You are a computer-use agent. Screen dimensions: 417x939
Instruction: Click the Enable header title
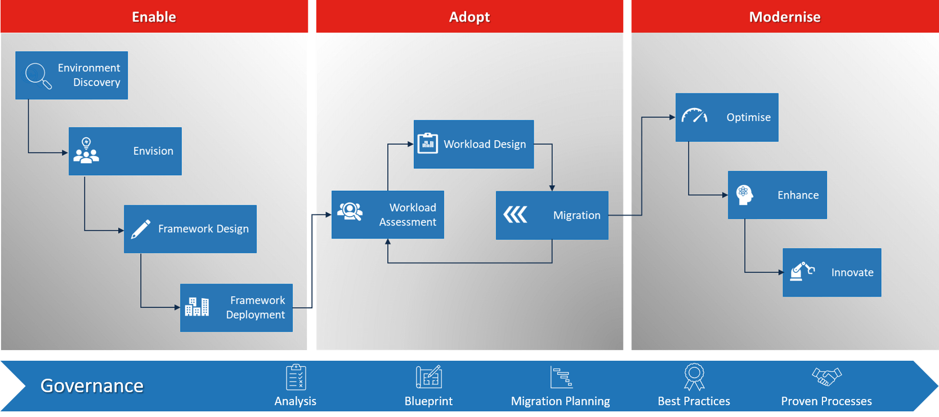[x=154, y=17]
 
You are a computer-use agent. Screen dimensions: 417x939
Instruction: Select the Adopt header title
[x=469, y=17]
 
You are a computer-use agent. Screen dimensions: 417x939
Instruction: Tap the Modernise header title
[x=784, y=17]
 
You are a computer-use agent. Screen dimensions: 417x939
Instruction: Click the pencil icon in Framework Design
[x=140, y=229]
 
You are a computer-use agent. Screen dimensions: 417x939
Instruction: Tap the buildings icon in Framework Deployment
[x=197, y=307]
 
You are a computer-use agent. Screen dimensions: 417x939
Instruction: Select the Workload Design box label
[x=485, y=144]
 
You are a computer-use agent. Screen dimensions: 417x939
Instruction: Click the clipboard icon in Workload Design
[x=428, y=144]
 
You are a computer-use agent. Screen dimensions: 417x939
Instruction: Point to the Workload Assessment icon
[x=350, y=212]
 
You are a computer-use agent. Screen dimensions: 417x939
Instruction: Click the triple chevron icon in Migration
[x=515, y=214]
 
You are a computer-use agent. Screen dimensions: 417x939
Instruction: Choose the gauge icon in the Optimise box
[x=694, y=115]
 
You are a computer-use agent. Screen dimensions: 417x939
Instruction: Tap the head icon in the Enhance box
[x=744, y=195]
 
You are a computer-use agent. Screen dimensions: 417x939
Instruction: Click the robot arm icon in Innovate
[x=802, y=271]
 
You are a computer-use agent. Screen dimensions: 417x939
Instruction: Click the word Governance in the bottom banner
[x=92, y=386]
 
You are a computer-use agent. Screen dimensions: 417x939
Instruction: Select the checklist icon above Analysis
[x=296, y=377]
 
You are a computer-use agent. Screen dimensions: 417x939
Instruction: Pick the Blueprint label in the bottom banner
[x=428, y=401]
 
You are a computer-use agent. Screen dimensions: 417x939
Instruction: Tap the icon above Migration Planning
[x=561, y=377]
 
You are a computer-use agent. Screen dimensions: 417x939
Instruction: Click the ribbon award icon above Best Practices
[x=694, y=376]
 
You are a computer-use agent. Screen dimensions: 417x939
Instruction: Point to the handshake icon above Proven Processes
[x=826, y=376]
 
